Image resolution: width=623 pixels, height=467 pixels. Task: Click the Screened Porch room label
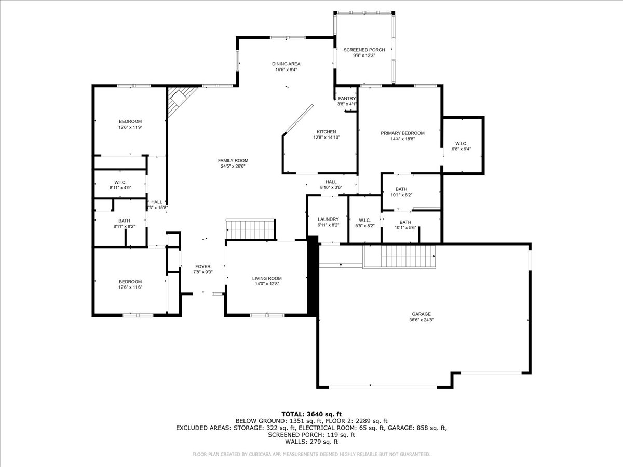(x=364, y=50)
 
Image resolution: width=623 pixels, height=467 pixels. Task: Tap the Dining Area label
(x=286, y=64)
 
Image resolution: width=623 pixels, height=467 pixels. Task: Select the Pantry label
(x=347, y=98)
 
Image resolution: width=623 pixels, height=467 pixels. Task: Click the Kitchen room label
(x=327, y=132)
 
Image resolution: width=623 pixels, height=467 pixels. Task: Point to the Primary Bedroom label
(x=402, y=133)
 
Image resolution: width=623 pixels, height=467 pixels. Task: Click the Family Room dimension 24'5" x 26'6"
(x=233, y=167)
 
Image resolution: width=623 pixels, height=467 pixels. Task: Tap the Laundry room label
(x=328, y=219)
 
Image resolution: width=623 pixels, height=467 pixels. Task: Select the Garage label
(x=422, y=314)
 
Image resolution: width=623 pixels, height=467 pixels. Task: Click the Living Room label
(x=267, y=279)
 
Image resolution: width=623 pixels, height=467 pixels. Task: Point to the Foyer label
(x=202, y=266)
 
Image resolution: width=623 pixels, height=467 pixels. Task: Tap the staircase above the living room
(x=250, y=228)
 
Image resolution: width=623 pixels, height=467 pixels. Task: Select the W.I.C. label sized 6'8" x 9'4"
(x=462, y=144)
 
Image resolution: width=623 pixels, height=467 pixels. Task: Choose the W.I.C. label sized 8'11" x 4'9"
(x=120, y=182)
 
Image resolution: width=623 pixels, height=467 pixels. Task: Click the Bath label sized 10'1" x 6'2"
(x=401, y=189)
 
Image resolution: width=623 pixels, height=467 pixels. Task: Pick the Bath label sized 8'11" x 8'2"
(x=124, y=221)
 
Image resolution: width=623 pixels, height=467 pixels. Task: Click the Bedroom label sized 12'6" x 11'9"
(x=130, y=121)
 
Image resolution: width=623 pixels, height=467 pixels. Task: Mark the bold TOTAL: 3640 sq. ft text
(x=311, y=414)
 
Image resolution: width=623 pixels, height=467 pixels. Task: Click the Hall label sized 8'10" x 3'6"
(x=331, y=182)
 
